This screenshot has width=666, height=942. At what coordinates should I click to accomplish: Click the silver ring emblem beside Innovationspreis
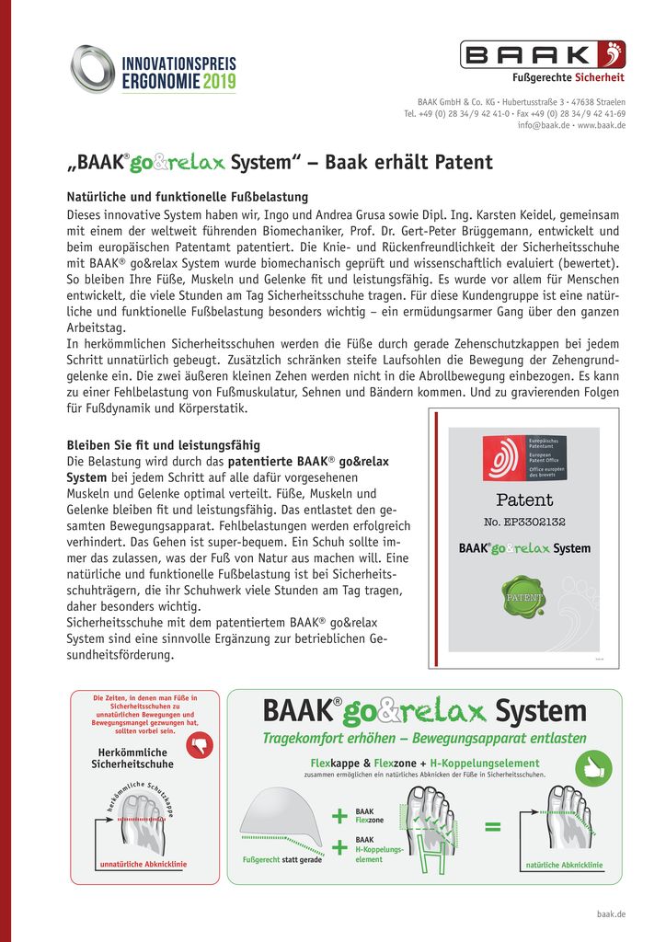[93, 69]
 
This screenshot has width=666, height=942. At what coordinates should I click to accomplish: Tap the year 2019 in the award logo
[219, 83]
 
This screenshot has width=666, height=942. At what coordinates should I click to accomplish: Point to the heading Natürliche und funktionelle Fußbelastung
[187, 197]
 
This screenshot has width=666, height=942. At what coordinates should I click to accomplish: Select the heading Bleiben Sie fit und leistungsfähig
[163, 445]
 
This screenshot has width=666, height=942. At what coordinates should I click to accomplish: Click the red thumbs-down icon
[199, 744]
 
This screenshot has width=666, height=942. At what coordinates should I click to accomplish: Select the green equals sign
[493, 827]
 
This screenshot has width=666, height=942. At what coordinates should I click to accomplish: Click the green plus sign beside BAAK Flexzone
[340, 816]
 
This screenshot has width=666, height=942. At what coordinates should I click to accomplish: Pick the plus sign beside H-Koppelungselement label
[340, 847]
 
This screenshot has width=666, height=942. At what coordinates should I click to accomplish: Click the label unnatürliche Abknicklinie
[143, 864]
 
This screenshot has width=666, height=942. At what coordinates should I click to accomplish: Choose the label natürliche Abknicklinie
[563, 866]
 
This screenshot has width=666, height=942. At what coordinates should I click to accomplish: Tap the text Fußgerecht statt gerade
[281, 860]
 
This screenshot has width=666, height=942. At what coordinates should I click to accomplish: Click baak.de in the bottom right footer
[611, 914]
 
